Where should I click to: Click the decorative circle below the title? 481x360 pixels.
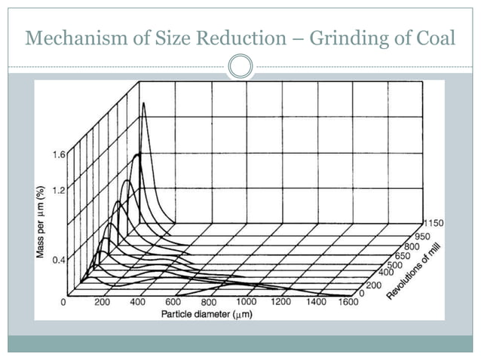pyautogui.click(x=240, y=66)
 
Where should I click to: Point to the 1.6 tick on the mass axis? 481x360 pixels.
pyautogui.click(x=57, y=155)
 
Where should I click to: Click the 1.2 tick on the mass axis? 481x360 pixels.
pyautogui.click(x=57, y=190)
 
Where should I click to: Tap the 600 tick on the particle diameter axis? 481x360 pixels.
pyautogui.click(x=174, y=302)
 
